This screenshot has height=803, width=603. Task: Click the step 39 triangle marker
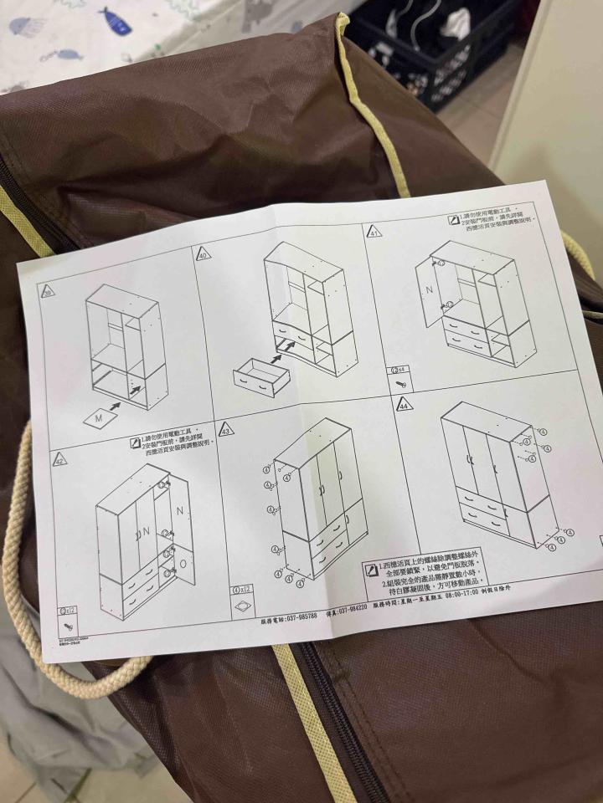pos(47,292)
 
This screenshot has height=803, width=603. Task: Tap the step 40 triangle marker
pos(204,253)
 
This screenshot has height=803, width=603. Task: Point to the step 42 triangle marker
pos(59,458)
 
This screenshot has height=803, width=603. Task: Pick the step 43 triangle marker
pos(226,430)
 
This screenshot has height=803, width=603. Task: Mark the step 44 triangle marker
pos(403,405)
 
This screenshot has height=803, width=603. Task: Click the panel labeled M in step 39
pos(100,414)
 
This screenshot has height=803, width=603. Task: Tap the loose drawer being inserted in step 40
pos(262,376)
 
